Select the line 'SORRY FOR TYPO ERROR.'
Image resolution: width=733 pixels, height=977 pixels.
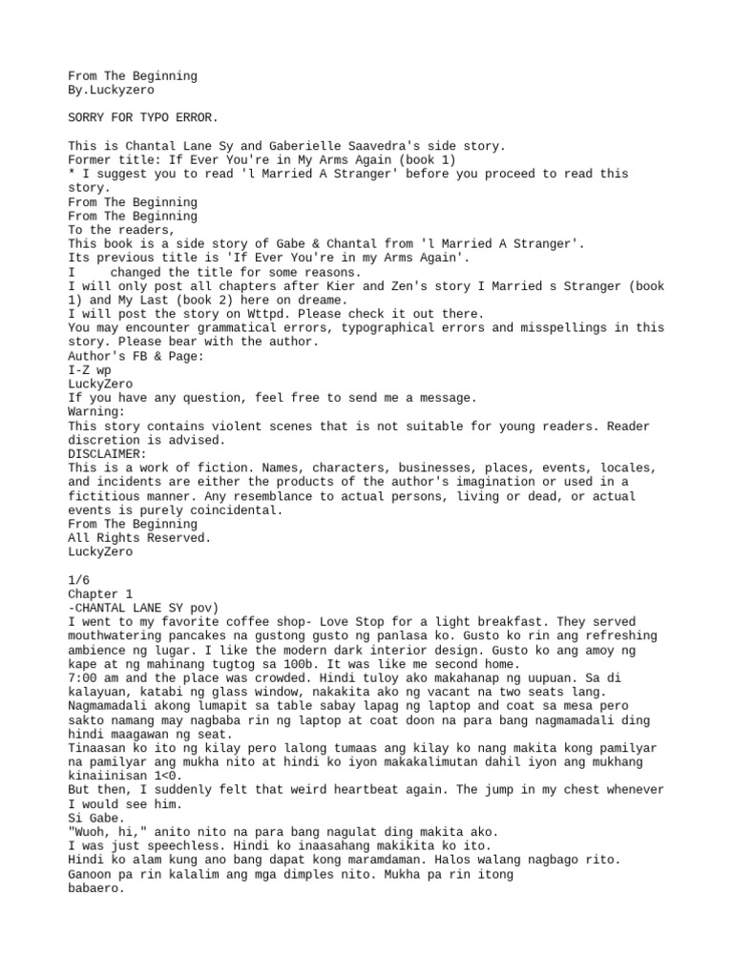(142, 117)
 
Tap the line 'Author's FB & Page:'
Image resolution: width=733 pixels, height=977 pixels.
(136, 356)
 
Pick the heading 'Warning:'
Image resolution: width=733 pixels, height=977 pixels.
(96, 411)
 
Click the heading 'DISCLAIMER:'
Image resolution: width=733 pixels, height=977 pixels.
(108, 454)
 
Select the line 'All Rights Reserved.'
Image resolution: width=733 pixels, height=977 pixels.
(139, 538)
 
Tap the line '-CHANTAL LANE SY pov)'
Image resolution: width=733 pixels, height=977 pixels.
(142, 608)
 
